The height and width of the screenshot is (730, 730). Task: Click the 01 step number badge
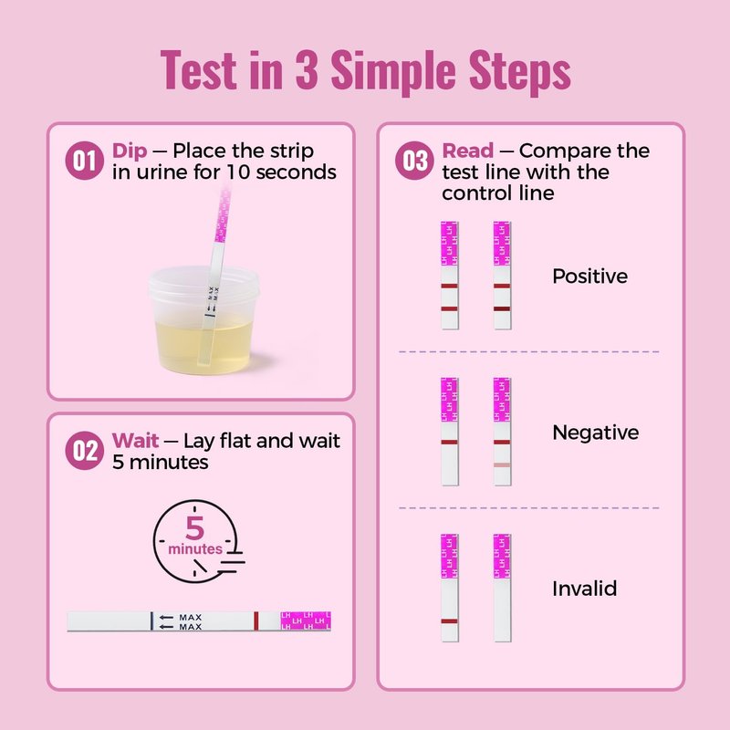click(x=84, y=161)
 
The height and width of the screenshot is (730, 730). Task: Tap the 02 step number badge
click(x=84, y=450)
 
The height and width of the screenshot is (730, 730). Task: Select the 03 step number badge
click(x=414, y=161)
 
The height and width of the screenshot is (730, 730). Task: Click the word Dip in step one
click(x=130, y=151)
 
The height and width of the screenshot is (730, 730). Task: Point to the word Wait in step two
click(x=135, y=441)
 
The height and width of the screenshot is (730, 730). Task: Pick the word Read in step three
click(x=467, y=151)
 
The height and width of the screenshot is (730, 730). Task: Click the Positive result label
click(x=589, y=276)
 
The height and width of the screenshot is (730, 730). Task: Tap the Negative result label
click(x=596, y=433)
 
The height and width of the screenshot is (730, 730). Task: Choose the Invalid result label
click(x=584, y=589)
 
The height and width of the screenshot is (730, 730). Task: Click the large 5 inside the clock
click(x=195, y=528)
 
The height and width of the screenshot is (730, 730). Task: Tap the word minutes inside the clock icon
click(x=195, y=549)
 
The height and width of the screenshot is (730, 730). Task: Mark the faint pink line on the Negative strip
click(x=502, y=465)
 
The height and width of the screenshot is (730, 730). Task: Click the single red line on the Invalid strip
click(x=449, y=621)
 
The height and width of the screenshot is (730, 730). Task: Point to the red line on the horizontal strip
click(x=256, y=621)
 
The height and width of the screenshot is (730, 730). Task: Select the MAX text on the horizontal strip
click(x=191, y=622)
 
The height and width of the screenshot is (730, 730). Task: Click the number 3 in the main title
click(x=307, y=69)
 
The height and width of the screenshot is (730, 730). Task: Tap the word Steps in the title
click(x=519, y=71)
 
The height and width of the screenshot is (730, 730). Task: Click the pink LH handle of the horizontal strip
click(x=306, y=621)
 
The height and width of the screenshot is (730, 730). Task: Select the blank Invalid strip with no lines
click(x=502, y=588)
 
